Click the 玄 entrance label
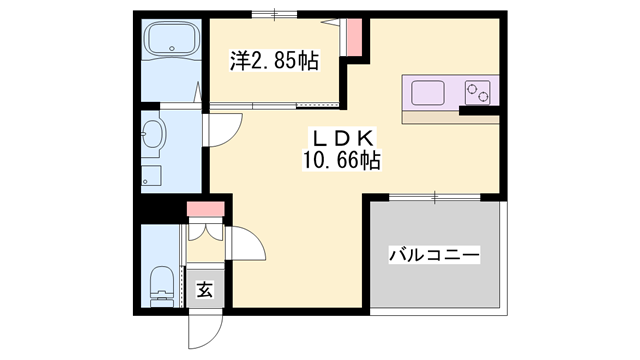tap(204, 291)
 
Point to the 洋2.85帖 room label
tap(274, 61)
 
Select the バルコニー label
tap(434, 256)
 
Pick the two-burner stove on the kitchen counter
tap(478, 93)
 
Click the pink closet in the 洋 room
tap(354, 38)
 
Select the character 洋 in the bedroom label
tap(239, 61)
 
